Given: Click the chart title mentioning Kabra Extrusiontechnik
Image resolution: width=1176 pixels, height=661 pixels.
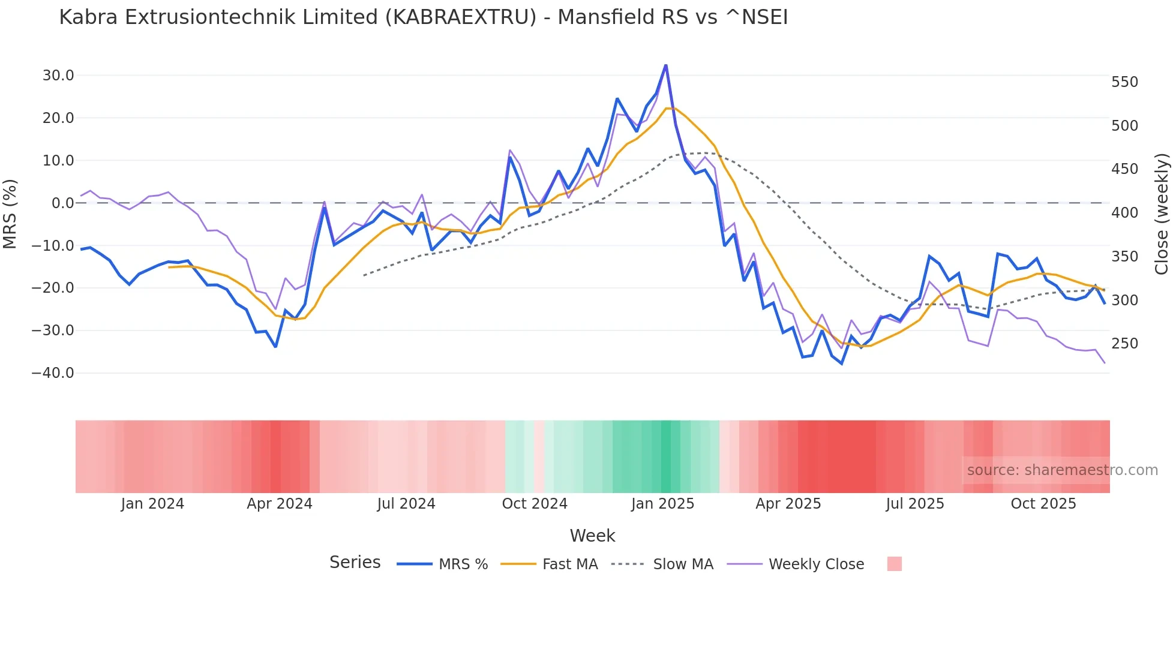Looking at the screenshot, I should [423, 17].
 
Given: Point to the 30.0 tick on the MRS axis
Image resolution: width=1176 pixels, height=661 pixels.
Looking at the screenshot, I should [58, 76].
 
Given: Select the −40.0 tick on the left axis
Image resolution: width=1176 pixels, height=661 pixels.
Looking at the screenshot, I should [53, 373].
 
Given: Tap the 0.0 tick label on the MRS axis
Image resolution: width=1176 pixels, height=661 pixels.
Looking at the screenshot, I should [62, 203].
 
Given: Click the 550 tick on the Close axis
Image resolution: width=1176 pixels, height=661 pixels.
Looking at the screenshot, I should [1124, 82].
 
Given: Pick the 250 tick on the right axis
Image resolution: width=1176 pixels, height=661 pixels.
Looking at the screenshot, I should [1124, 344].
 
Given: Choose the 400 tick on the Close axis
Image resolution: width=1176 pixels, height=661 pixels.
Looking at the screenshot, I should [1124, 213].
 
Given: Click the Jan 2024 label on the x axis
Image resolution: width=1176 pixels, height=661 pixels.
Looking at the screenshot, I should [152, 504].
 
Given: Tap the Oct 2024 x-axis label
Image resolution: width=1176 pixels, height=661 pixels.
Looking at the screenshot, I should [535, 504].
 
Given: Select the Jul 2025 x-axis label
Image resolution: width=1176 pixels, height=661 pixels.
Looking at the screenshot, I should [915, 504].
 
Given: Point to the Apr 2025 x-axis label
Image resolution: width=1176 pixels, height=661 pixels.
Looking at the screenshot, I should [788, 504].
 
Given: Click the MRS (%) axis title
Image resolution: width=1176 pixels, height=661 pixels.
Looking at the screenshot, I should [10, 214].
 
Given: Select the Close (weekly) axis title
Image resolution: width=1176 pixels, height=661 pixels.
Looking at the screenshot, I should [1162, 214].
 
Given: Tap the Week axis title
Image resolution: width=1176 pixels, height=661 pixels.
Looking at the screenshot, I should [592, 536].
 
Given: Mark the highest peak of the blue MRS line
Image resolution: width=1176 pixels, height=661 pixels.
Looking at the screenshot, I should [666, 65].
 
